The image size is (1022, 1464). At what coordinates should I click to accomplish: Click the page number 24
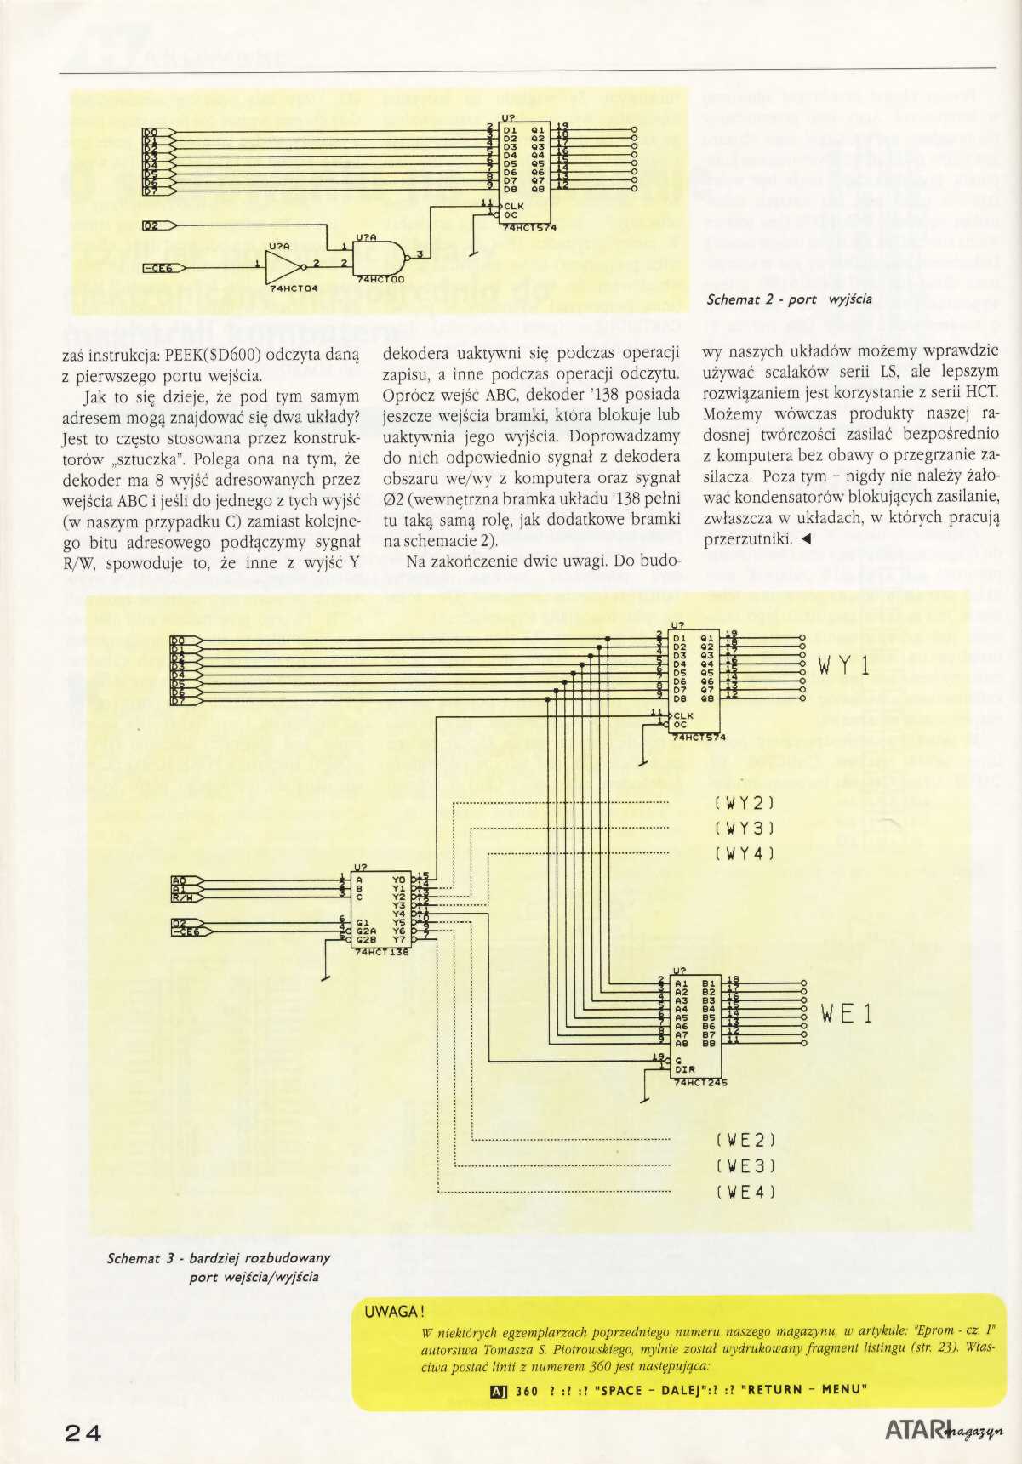click(83, 1433)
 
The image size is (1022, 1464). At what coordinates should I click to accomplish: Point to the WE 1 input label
click(846, 1013)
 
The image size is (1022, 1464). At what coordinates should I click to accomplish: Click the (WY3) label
click(744, 828)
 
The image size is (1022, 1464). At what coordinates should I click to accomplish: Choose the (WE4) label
click(745, 1192)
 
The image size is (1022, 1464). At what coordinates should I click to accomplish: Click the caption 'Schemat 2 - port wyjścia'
click(789, 299)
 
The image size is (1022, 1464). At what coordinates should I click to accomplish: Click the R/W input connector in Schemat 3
click(185, 894)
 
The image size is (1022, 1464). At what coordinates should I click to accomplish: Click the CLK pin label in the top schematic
click(516, 206)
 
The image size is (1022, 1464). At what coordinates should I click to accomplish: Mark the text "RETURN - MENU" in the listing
click(803, 1390)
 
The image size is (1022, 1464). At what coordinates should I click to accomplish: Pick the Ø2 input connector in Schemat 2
click(157, 225)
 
